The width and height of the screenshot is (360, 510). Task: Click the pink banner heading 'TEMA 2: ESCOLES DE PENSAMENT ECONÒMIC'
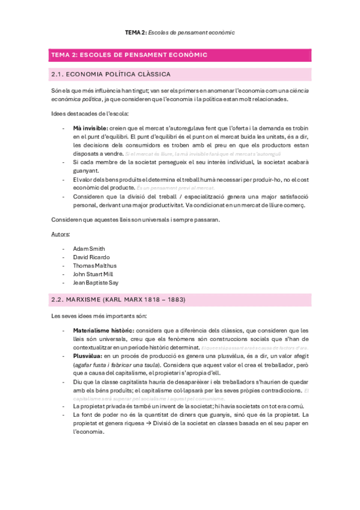(x=130, y=55)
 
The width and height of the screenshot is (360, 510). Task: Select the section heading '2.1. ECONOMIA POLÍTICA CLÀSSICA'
(x=111, y=75)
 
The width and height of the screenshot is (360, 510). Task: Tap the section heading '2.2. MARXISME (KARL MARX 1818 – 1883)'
(x=118, y=300)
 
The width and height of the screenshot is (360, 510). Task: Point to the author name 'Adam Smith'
(x=88, y=248)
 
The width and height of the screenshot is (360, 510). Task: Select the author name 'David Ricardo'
(x=91, y=257)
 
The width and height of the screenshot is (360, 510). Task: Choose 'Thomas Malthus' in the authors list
(x=94, y=265)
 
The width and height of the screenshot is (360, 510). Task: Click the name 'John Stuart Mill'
(x=93, y=274)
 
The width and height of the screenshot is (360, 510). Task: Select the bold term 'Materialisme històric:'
(x=103, y=331)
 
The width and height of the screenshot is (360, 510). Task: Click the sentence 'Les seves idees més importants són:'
(x=99, y=316)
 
